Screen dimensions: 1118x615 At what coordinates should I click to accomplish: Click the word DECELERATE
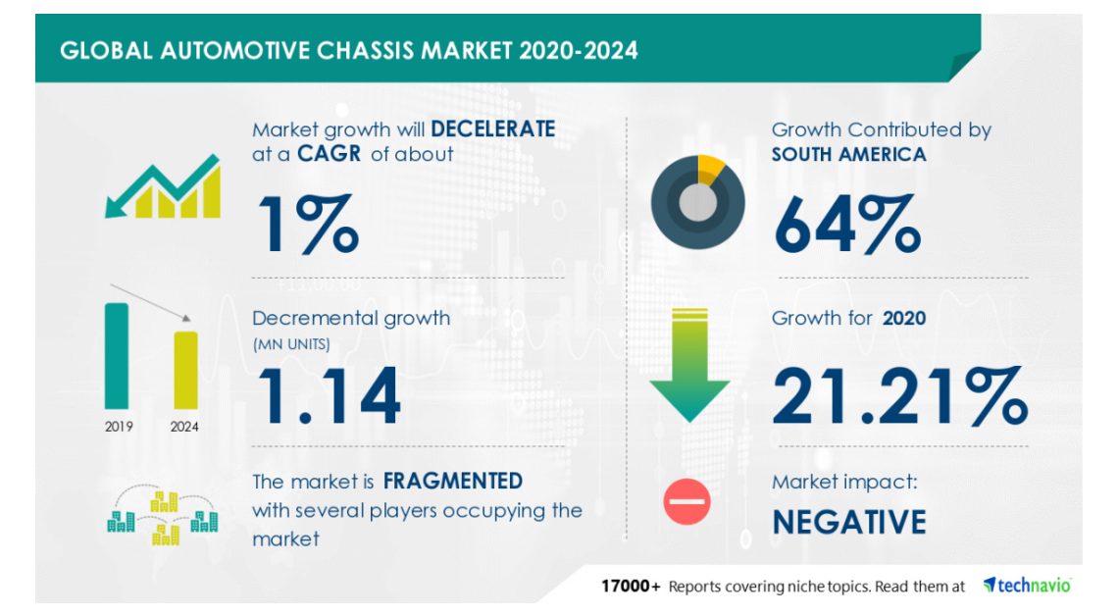point(492,129)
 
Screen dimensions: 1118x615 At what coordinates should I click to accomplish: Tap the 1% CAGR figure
point(308,224)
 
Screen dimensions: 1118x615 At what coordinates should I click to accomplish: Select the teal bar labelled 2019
point(117,356)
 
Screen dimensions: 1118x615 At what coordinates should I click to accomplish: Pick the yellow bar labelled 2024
point(186,371)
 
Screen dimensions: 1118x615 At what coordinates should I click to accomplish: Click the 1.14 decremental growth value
point(329,395)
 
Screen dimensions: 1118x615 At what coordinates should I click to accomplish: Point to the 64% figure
point(847,224)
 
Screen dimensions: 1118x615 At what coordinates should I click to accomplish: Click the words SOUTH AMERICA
point(848,154)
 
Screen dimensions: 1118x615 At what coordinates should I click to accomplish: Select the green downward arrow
point(689,365)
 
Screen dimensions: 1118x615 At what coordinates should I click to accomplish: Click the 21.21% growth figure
point(900,396)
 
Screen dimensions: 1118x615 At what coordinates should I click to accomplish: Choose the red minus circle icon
point(686,501)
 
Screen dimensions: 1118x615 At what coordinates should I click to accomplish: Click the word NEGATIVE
point(849,522)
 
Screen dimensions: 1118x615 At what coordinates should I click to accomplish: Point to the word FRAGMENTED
point(453,481)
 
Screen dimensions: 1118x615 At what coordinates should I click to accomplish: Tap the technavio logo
point(1027,586)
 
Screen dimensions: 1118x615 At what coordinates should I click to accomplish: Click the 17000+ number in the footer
point(631,587)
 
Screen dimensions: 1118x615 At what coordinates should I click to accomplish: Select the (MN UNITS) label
point(291,344)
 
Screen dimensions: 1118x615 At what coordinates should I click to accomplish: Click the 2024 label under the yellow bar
point(184,427)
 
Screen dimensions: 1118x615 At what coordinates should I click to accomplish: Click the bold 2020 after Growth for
point(904,318)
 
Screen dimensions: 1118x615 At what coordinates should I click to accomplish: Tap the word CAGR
point(329,153)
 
